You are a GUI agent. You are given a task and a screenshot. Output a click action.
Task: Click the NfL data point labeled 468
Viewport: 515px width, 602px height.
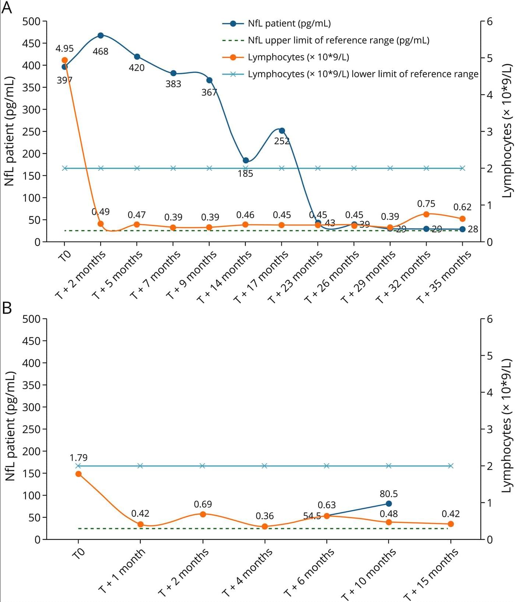[x=101, y=35]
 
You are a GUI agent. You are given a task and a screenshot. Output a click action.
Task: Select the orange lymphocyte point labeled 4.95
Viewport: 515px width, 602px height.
[x=65, y=60]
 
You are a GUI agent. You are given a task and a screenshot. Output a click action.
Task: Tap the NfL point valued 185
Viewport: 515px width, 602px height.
[x=246, y=160]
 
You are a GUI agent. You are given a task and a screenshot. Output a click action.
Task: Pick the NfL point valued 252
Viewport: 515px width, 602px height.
[x=282, y=130]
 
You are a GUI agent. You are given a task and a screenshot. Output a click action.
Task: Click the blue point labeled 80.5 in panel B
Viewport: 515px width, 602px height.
[x=389, y=503]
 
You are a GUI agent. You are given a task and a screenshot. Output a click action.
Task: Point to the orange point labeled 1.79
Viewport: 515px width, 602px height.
[x=78, y=474]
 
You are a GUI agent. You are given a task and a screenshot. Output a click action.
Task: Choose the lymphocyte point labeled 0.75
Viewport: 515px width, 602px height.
[x=426, y=214]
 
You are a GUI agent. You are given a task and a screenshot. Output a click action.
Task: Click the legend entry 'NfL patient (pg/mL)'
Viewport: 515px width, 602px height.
[x=289, y=24]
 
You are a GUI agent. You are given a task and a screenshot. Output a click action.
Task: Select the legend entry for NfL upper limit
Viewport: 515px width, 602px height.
[x=338, y=40]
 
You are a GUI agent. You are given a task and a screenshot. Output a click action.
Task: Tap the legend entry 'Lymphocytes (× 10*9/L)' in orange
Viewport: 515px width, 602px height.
[x=298, y=57]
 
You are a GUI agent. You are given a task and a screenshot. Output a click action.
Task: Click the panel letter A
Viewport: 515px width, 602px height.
[x=7, y=7]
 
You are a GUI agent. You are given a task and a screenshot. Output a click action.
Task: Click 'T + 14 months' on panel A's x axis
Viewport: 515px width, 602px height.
[x=225, y=277]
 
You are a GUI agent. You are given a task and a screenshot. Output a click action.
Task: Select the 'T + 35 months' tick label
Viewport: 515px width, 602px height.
[x=444, y=277]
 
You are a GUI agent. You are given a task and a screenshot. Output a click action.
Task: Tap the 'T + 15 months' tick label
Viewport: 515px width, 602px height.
[x=431, y=574]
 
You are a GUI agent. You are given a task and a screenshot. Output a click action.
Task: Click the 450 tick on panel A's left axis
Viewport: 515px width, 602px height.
[x=31, y=43]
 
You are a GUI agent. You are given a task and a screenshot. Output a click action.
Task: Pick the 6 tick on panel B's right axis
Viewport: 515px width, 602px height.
[x=490, y=319]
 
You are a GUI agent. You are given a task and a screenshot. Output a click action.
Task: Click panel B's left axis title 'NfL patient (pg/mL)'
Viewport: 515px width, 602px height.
[x=11, y=426]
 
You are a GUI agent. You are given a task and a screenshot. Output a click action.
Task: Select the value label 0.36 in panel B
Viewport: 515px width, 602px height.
[x=264, y=516]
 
